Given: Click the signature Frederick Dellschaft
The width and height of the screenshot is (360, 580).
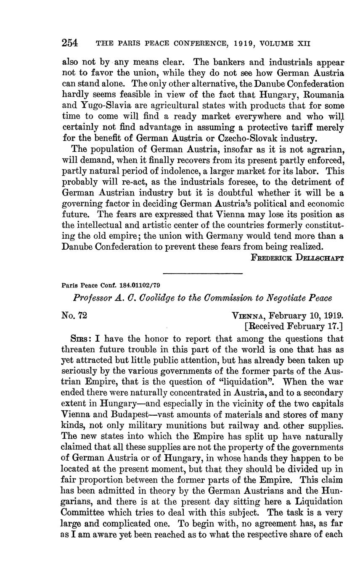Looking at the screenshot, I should coord(297,258).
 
